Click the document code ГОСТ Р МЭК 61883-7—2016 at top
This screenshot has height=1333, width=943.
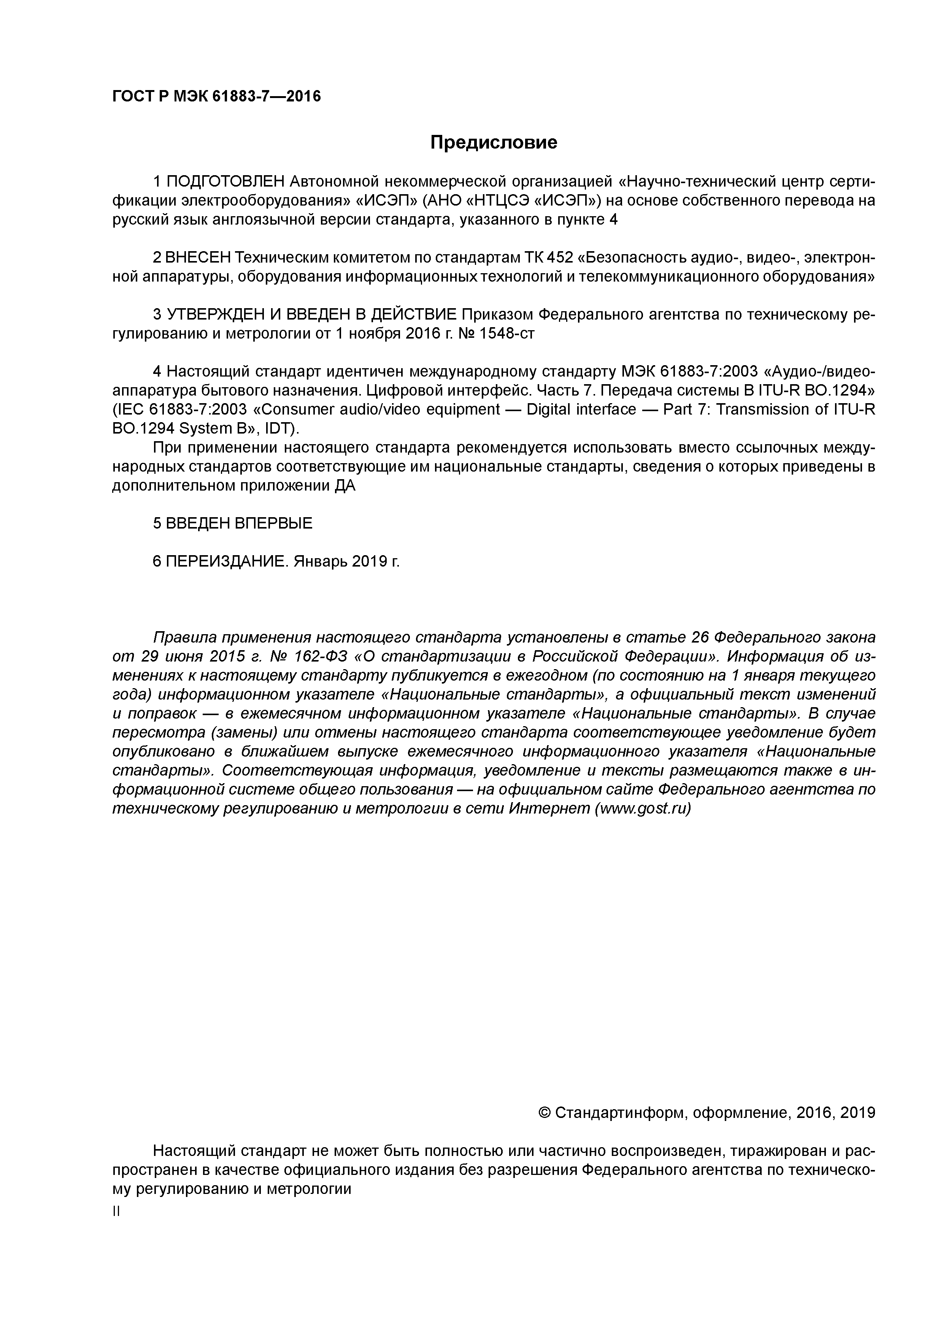(x=216, y=96)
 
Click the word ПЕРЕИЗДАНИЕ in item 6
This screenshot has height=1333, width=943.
(x=227, y=561)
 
